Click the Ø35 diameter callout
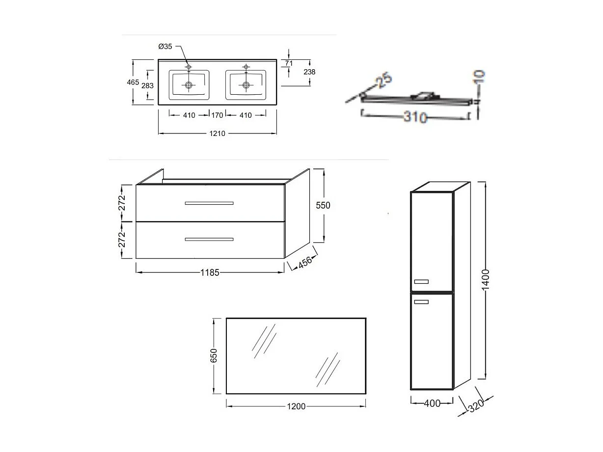[x=165, y=47]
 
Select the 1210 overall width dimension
[x=217, y=133]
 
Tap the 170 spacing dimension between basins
[x=217, y=115]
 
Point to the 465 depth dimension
[x=133, y=82]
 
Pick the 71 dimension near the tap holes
[x=289, y=63]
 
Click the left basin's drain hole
[x=189, y=85]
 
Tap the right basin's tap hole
[x=246, y=66]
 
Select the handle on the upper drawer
[x=209, y=203]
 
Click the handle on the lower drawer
[x=209, y=239]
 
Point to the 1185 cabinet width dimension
[x=210, y=272]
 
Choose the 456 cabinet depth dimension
[x=305, y=262]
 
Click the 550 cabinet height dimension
[x=323, y=206]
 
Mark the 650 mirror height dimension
[x=214, y=356]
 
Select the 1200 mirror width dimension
[x=296, y=406]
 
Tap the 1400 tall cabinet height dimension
[x=485, y=280]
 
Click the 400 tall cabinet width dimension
[x=432, y=403]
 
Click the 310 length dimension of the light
[x=415, y=118]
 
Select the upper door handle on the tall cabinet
[x=421, y=282]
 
